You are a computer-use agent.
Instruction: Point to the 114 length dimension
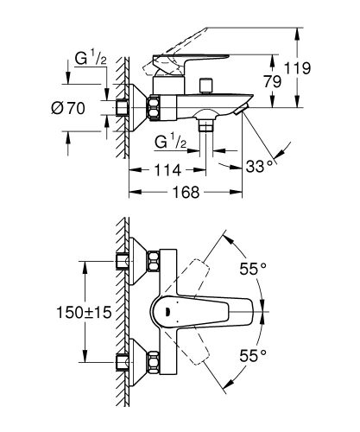pos(167,171)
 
